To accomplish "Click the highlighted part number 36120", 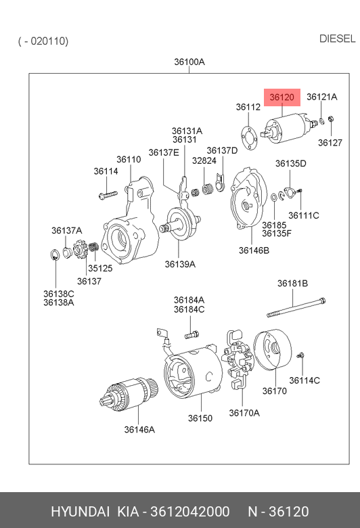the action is (x=282, y=97).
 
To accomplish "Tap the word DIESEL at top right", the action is (x=337, y=39).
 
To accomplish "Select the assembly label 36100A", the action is (x=189, y=62).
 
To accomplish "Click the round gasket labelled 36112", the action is (x=249, y=138).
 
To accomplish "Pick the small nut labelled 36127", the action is (x=331, y=119).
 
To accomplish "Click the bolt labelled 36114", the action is (x=108, y=195).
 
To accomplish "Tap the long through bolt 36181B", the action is (x=296, y=307).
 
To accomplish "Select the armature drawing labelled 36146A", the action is (x=129, y=394).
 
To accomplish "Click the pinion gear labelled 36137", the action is (x=79, y=249).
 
